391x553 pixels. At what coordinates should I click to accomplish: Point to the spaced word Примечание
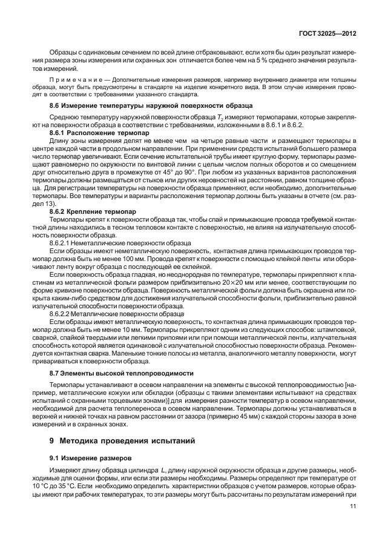tap(72, 79)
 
